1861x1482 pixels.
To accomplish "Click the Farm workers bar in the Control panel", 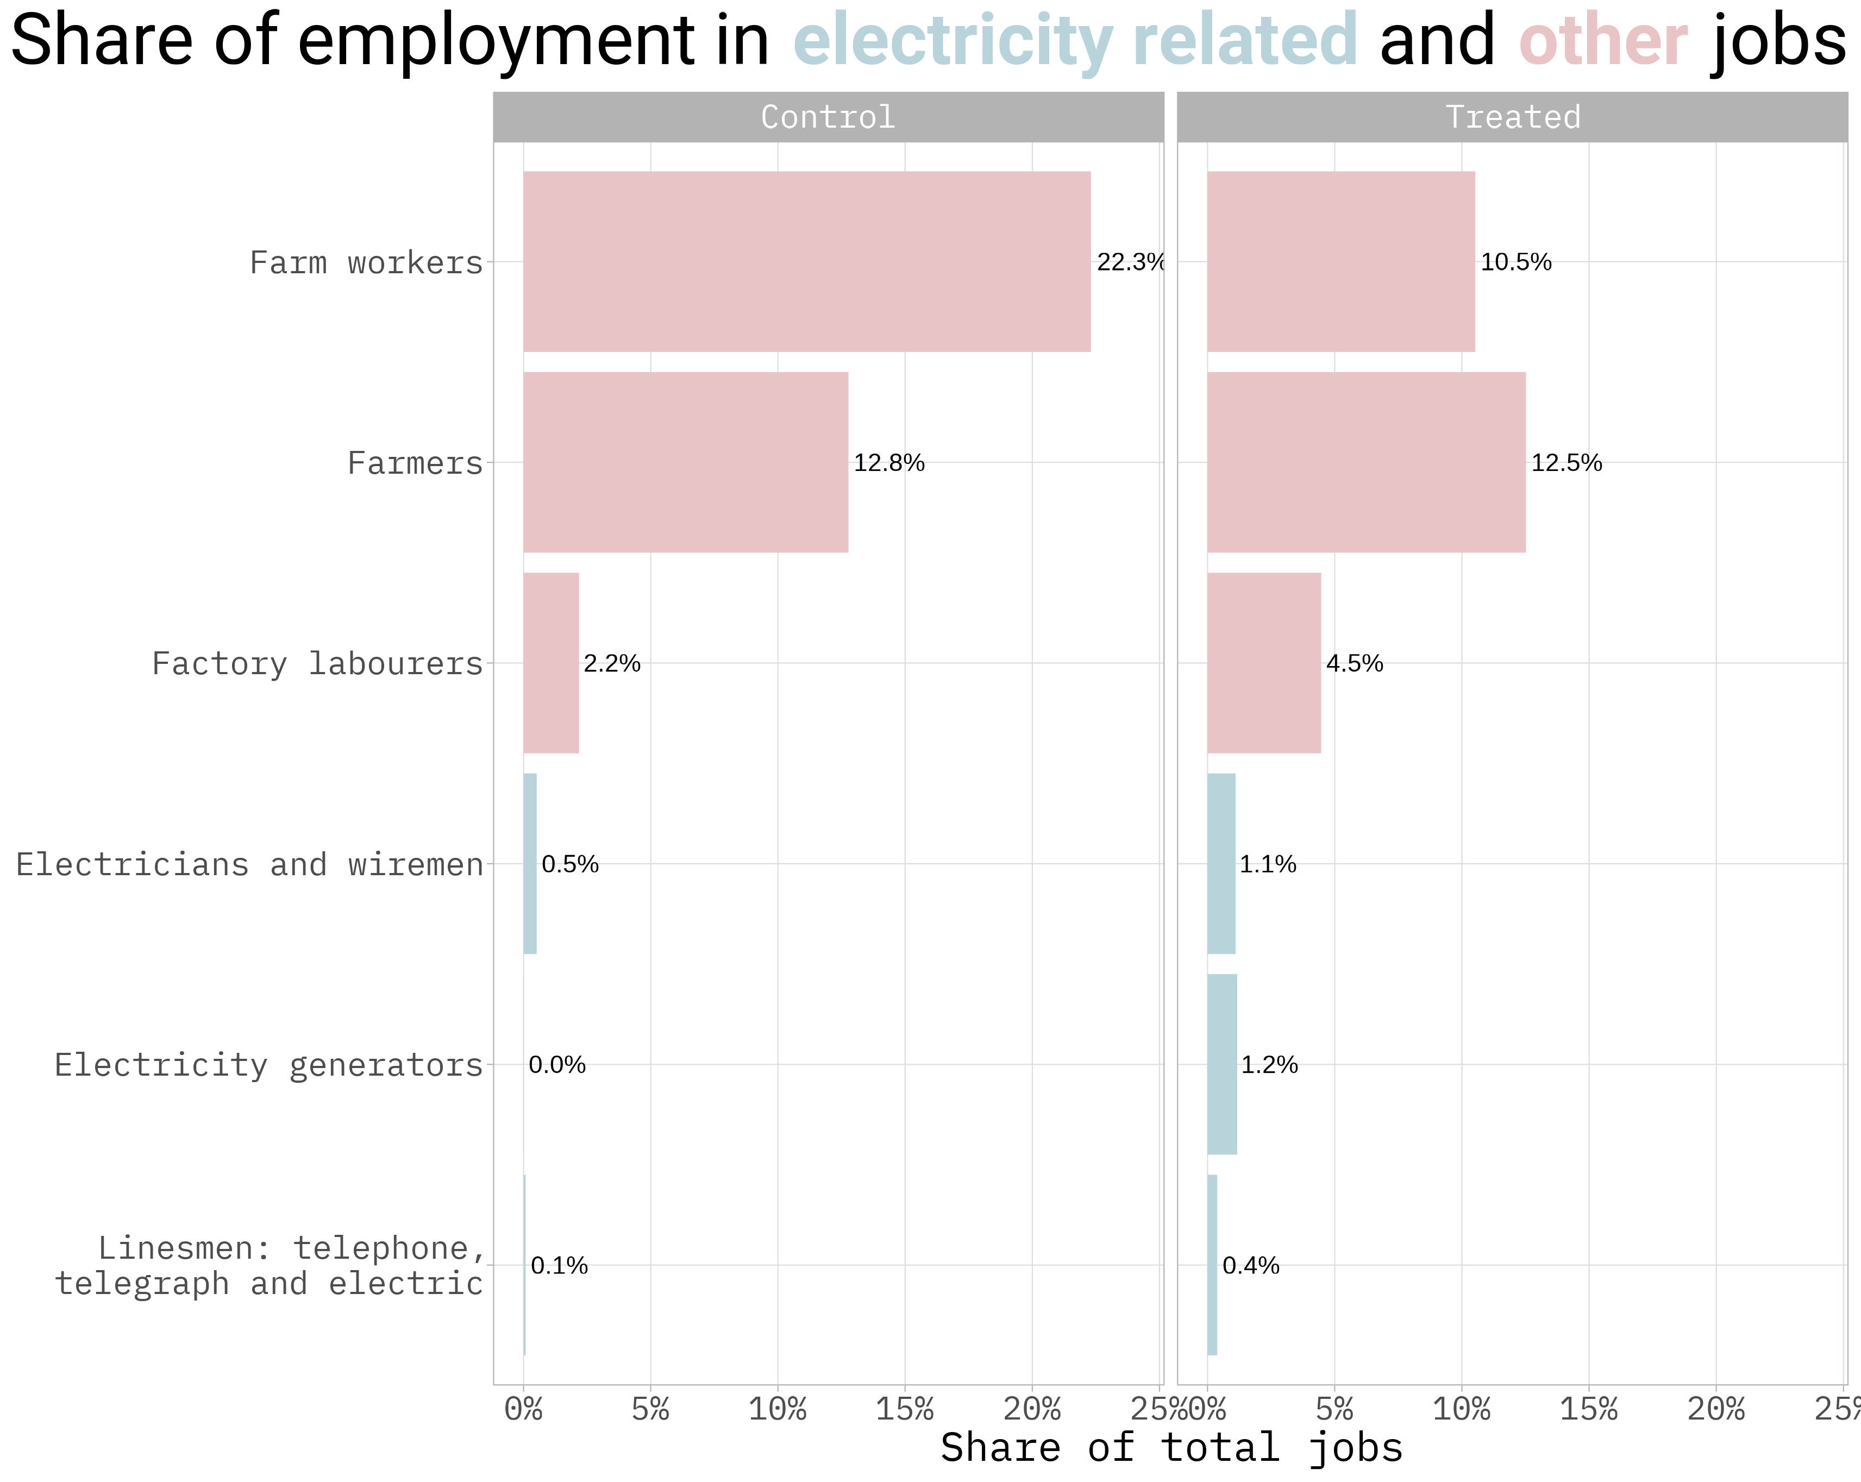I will [x=806, y=261].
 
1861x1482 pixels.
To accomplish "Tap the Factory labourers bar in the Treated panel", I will [x=1264, y=663].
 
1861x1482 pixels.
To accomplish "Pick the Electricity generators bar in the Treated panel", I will [x=1221, y=1064].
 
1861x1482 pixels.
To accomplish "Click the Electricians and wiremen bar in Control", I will [x=530, y=863].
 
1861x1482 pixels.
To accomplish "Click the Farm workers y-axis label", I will [x=366, y=262].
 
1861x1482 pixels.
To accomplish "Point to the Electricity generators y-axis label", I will [x=268, y=1065].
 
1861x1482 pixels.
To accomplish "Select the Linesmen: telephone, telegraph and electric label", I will [x=270, y=1265].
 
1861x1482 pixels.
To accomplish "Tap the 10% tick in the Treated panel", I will [x=1461, y=1410].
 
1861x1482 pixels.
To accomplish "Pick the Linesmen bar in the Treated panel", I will [x=1212, y=1265].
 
